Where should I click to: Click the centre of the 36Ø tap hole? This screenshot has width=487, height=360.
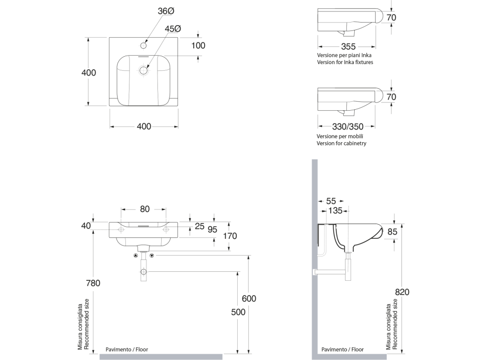point(143,46)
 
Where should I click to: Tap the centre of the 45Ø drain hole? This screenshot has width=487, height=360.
point(143,70)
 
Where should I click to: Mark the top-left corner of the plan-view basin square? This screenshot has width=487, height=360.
point(109,38)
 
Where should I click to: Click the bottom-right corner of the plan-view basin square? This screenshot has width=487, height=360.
point(178,107)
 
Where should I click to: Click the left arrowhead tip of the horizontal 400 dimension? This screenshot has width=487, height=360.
point(110,126)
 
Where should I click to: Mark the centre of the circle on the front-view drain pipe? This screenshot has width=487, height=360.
point(143,272)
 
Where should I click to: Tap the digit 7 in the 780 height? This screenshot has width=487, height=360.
point(89,283)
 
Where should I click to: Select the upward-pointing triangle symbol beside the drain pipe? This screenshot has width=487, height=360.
point(135,256)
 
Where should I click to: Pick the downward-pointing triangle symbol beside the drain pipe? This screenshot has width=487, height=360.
point(152,256)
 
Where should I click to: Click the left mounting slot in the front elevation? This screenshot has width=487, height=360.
point(121,230)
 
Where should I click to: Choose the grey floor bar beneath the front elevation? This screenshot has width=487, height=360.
point(161,356)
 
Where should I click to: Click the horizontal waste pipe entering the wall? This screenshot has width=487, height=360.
point(330,272)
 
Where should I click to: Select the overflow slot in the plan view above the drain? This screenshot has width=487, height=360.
point(143,57)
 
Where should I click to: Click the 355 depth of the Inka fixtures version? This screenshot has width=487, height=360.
point(348,47)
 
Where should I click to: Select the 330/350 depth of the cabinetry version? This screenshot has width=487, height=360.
point(348,126)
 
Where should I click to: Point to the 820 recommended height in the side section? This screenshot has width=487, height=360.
point(402,292)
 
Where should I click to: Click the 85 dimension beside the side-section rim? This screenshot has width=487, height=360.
point(392,232)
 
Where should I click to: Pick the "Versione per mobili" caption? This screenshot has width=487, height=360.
point(340,136)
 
